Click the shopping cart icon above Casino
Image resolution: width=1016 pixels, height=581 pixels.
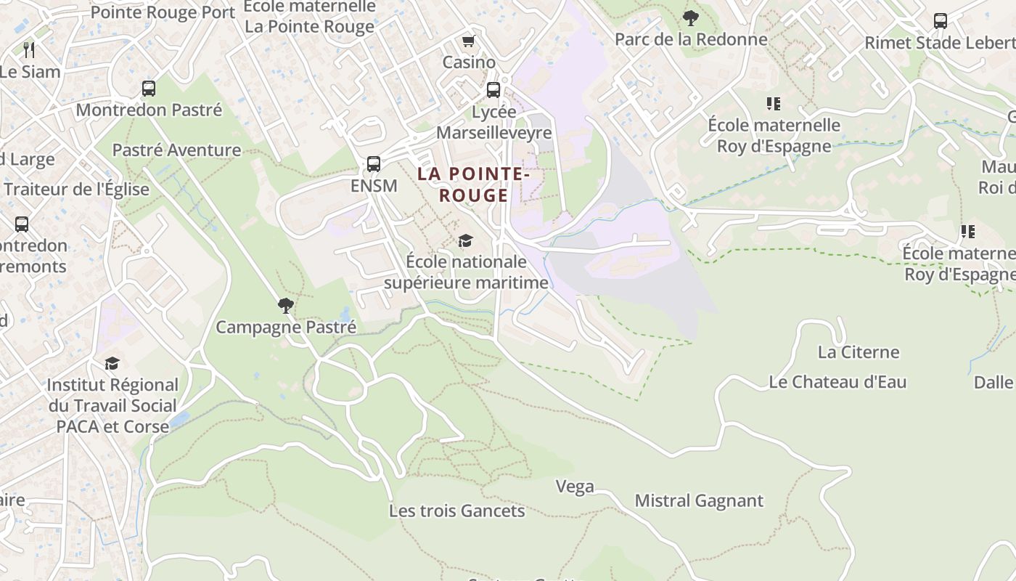tap(468, 41)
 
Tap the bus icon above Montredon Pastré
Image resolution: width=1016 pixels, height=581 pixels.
tap(149, 89)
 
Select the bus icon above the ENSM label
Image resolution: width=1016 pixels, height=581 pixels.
tap(374, 164)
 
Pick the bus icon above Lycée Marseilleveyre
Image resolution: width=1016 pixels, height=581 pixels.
tap(493, 90)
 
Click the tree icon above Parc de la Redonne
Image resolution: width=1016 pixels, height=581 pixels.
tap(691, 17)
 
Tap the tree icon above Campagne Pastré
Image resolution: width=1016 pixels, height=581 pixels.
tap(286, 306)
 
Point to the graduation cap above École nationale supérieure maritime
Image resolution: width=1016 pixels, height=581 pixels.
tap(465, 240)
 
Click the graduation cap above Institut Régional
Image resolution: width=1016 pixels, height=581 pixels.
tap(112, 363)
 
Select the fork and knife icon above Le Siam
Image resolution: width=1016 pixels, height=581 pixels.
tap(29, 50)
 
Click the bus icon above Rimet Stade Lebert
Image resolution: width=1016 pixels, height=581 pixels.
tap(941, 21)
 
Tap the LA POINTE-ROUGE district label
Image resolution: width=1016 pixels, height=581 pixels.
tap(473, 184)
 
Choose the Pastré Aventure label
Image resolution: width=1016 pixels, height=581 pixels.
tap(176, 150)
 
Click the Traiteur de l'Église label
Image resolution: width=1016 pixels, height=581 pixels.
tap(76, 190)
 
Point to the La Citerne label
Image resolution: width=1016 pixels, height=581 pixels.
tap(859, 352)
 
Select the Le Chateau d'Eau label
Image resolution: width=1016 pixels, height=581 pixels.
tap(837, 382)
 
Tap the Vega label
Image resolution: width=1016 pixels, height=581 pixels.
tap(575, 487)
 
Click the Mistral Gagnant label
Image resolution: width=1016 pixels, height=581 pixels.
tap(699, 500)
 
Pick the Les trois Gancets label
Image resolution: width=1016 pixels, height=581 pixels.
tap(456, 511)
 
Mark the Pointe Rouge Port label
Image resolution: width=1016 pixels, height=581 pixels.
tap(163, 12)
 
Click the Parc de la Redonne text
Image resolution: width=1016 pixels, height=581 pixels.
tap(691, 39)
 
